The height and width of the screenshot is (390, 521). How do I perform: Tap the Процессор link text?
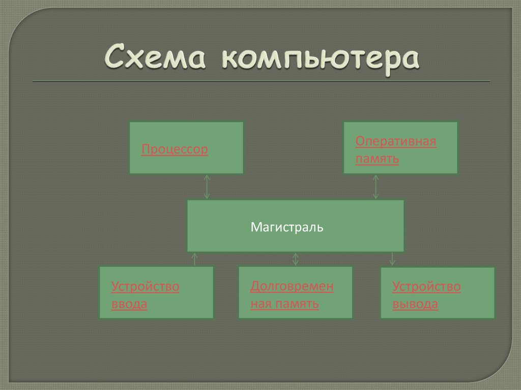tap(175, 150)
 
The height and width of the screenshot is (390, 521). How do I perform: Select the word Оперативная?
tap(395, 141)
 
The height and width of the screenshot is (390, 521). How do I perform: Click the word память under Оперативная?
tap(377, 159)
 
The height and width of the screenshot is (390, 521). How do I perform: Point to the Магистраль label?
tap(286, 227)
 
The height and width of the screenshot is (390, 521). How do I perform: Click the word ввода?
tap(129, 305)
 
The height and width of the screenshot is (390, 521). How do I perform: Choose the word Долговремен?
tap(292, 286)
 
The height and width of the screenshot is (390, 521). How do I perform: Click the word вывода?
tap(415, 305)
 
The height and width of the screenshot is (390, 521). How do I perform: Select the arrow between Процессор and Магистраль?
tap(207, 187)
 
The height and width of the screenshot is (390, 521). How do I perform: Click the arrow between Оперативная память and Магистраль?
tap(376, 187)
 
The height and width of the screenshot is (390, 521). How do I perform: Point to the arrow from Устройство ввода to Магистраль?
tap(194, 259)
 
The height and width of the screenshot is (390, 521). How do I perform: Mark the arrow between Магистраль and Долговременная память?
tap(296, 259)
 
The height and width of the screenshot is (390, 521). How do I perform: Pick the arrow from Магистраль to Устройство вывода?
tap(392, 259)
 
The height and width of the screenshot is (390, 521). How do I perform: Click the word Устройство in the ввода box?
tap(145, 287)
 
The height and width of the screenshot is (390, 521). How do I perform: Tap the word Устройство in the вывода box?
tap(426, 287)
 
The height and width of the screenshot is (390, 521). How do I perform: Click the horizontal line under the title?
tap(261, 81)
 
